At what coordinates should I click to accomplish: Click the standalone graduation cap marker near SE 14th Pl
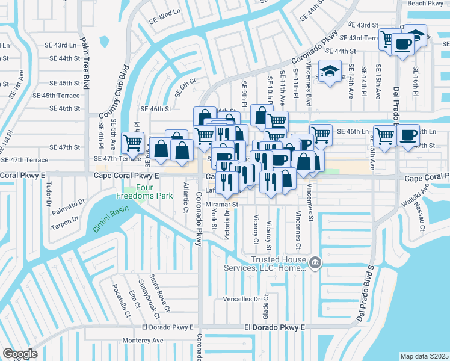[x=330, y=72]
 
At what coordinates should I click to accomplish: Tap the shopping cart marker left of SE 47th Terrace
[x=132, y=143]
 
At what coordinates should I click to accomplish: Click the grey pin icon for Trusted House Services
[x=314, y=262]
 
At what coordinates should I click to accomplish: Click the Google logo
[x=20, y=354]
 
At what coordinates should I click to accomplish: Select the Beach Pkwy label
[x=425, y=4]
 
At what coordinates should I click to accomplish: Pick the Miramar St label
[x=223, y=205]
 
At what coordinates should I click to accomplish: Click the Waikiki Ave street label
[x=426, y=194]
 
